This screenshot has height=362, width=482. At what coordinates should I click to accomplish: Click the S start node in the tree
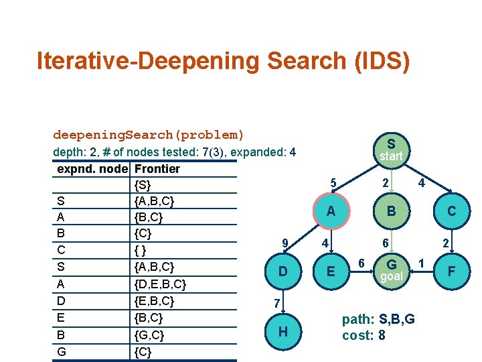click(390, 149)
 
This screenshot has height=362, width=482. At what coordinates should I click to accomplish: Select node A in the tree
click(330, 211)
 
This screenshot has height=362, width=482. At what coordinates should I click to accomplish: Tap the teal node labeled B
click(390, 211)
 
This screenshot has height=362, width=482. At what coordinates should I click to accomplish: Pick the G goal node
click(390, 269)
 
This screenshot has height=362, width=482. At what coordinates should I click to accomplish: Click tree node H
click(283, 331)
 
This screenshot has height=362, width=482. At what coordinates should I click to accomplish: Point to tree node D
click(283, 271)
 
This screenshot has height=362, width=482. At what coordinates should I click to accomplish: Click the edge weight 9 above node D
click(285, 243)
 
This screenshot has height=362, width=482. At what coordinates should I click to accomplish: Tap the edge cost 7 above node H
click(276, 304)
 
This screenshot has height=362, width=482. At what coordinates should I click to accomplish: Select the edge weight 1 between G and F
click(422, 261)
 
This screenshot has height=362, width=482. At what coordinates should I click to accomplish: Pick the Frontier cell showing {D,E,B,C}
click(160, 284)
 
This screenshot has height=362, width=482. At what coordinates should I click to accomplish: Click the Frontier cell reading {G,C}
click(150, 335)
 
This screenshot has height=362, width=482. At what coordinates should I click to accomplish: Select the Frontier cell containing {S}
click(143, 184)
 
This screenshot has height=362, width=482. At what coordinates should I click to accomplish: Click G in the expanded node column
click(62, 351)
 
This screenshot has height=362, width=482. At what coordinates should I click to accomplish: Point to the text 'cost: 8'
click(364, 335)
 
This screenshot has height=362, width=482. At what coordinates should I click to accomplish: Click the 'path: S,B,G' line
click(378, 320)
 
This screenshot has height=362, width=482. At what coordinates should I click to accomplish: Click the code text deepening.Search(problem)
click(149, 135)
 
